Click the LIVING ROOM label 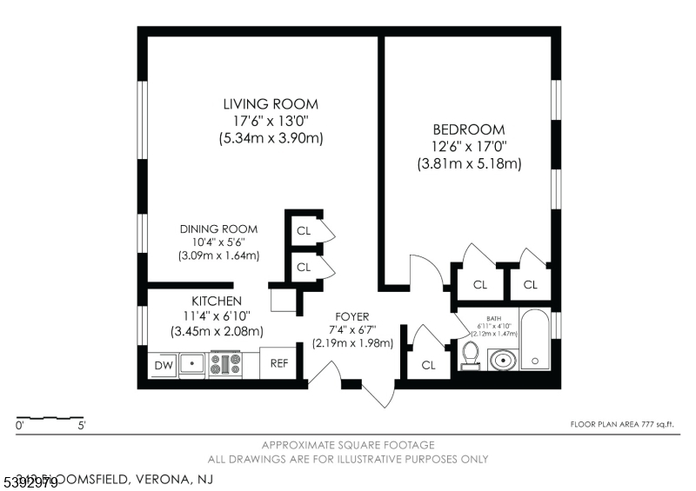pyautogui.click(x=269, y=104)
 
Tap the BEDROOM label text pyautogui.click(x=469, y=129)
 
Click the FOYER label pyautogui.click(x=352, y=316)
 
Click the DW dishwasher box pyautogui.click(x=164, y=365)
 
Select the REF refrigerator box pyautogui.click(x=278, y=364)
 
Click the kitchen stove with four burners pyautogui.click(x=226, y=364)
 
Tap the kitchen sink pyautogui.click(x=192, y=364)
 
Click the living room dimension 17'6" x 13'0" pyautogui.click(x=270, y=121)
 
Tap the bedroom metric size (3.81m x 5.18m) pyautogui.click(x=469, y=163)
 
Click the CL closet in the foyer pyautogui.click(x=428, y=365)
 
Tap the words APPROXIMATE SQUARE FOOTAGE pyautogui.click(x=347, y=444)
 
